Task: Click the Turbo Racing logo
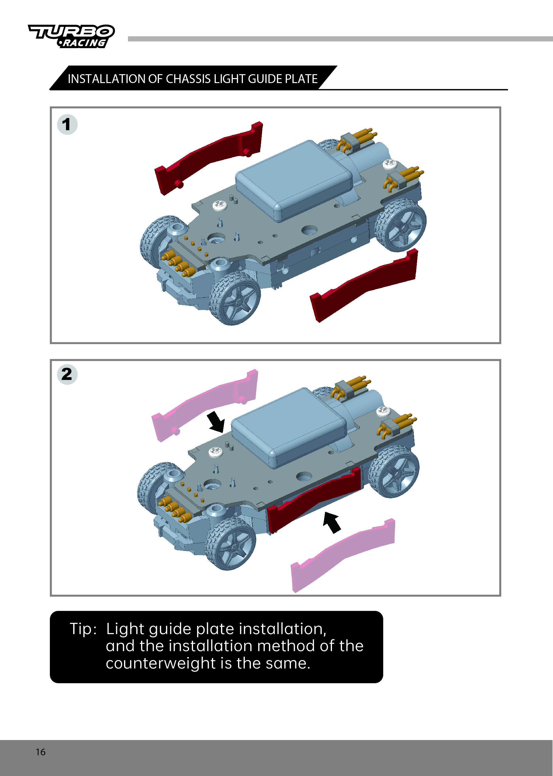(x=71, y=36)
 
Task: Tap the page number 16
(x=40, y=752)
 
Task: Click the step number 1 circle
(x=67, y=124)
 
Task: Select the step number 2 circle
(x=67, y=374)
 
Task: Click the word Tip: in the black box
(x=83, y=628)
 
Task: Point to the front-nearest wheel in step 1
(x=235, y=298)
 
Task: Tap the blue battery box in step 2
(x=289, y=428)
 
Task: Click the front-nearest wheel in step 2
(x=230, y=544)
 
